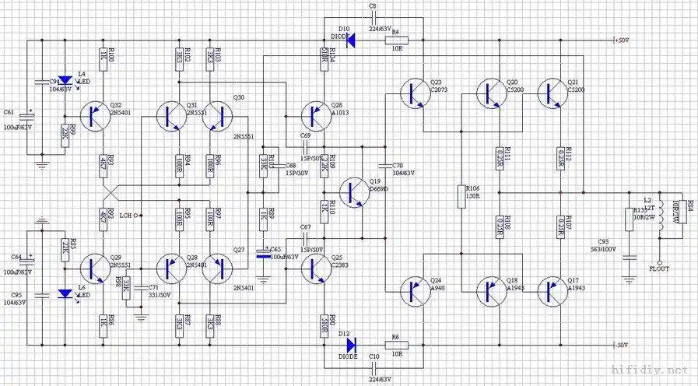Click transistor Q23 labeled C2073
[x=415, y=93]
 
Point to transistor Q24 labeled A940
[x=415, y=290]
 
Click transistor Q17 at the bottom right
[x=555, y=289]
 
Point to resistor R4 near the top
[x=395, y=40]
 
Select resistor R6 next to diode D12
[x=395, y=342]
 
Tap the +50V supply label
[x=621, y=40]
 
